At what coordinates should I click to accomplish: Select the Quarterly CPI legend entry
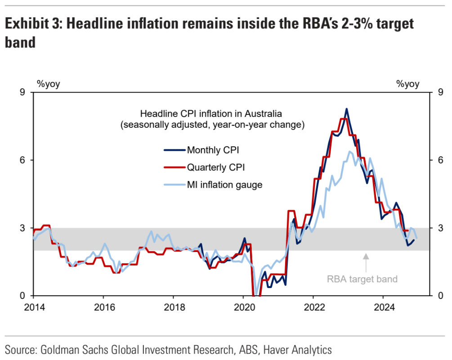(x=215, y=167)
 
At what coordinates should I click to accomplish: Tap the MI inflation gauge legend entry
(x=224, y=184)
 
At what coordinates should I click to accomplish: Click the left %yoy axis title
(x=49, y=84)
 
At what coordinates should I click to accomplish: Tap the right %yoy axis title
(x=407, y=84)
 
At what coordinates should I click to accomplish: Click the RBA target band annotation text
(x=362, y=279)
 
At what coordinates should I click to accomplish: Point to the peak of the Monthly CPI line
(x=346, y=108)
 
